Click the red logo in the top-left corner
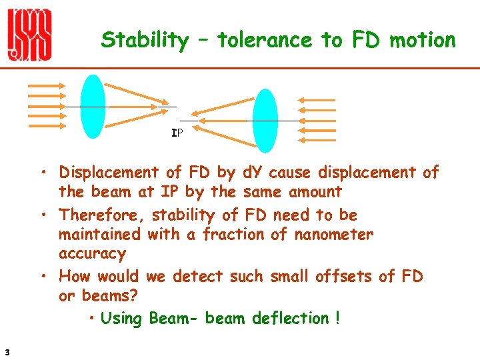click(29, 36)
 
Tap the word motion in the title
click(422, 40)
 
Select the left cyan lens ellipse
click(93, 107)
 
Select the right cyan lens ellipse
click(265, 121)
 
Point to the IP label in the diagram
click(177, 133)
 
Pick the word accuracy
click(92, 253)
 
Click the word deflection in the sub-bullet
click(291, 319)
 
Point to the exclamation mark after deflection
click(338, 319)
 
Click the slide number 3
click(6, 352)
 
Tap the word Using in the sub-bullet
click(121, 319)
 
